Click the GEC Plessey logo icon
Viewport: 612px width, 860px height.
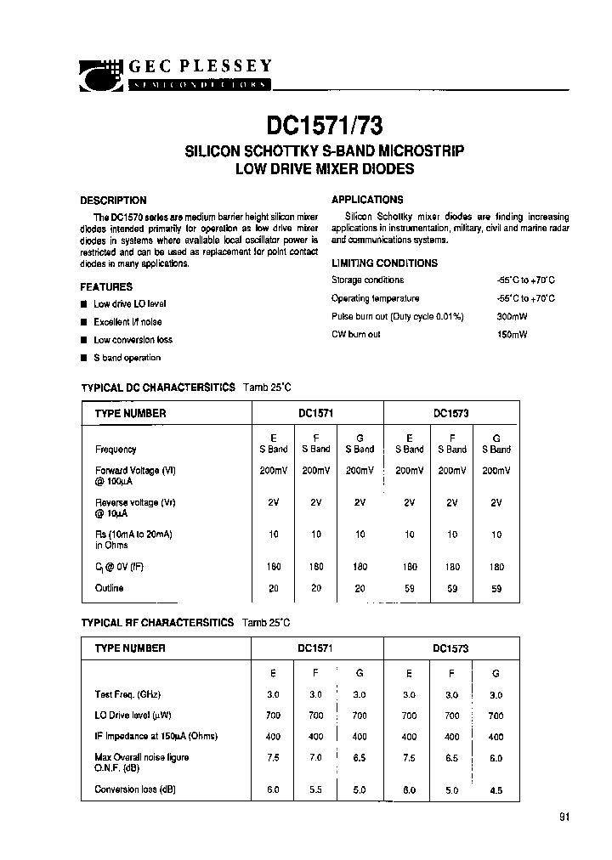click(x=101, y=75)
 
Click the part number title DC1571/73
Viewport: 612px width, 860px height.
click(x=325, y=126)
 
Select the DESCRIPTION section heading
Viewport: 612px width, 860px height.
click(x=113, y=201)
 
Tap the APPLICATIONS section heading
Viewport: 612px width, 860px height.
click(x=366, y=200)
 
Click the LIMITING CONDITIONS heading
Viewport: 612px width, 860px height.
click(x=384, y=263)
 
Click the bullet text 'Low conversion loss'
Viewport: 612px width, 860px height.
click(x=133, y=340)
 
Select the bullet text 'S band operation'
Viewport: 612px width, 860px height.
click(x=127, y=358)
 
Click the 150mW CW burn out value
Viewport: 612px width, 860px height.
click(x=512, y=335)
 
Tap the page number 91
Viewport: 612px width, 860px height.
click(x=565, y=818)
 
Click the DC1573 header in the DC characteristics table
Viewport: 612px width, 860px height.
click(x=450, y=414)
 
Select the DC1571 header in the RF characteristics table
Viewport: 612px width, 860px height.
click(x=314, y=648)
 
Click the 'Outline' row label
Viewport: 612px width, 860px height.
click(x=109, y=588)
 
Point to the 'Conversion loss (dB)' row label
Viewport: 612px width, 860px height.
click(x=135, y=789)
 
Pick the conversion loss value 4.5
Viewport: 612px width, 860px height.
click(x=496, y=790)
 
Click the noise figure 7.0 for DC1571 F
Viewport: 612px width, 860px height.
click(x=316, y=756)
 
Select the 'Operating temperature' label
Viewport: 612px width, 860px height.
click(x=375, y=298)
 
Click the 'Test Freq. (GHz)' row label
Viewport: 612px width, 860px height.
click(x=129, y=694)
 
